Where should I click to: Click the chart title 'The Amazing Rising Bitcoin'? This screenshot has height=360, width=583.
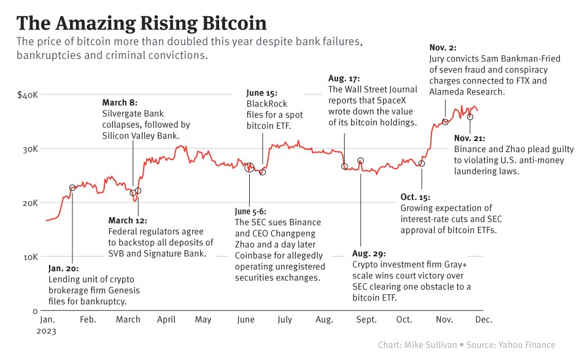click(142, 23)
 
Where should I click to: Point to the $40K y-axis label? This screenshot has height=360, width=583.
click(28, 95)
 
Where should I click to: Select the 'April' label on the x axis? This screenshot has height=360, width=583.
click(166, 320)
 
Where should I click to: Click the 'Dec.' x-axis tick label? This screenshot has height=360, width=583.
click(483, 320)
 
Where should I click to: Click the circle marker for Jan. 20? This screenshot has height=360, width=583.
click(72, 188)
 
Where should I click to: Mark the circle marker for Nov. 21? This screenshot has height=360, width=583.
click(470, 117)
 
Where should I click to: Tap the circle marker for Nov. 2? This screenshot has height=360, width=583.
click(446, 122)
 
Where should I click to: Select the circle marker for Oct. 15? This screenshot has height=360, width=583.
click(422, 164)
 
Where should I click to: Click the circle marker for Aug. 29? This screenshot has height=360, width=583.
click(361, 161)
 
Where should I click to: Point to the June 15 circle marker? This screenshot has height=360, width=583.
click(263, 172)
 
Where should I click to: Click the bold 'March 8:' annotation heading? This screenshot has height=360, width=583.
click(119, 102)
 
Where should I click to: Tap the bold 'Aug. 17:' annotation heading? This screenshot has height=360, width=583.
click(344, 79)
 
